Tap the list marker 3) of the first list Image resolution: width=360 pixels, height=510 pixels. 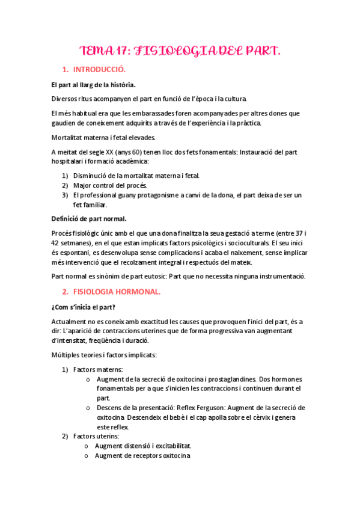point(66,195)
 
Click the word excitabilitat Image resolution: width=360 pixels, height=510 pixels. point(171,446)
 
